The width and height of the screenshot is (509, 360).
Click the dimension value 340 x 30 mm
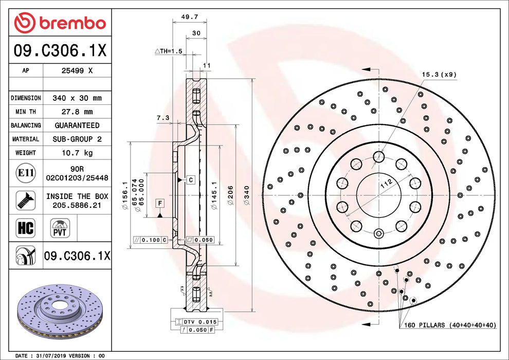click(x=77, y=98)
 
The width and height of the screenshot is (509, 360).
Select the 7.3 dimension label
click(x=163, y=118)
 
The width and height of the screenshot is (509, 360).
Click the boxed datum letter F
click(x=160, y=203)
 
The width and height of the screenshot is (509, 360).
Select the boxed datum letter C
click(x=190, y=179)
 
